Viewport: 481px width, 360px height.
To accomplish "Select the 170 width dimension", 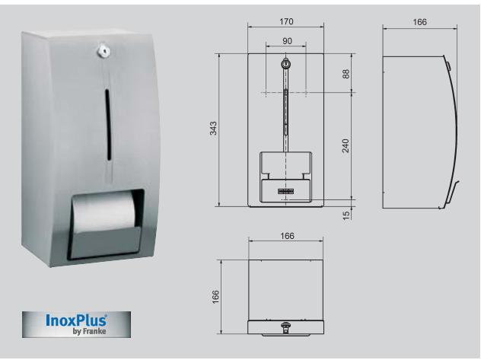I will [285, 23].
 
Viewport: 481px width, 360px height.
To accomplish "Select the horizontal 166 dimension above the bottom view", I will [286, 237].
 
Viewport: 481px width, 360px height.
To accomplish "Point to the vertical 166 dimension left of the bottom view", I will [214, 294].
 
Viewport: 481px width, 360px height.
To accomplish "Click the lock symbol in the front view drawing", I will [285, 65].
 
